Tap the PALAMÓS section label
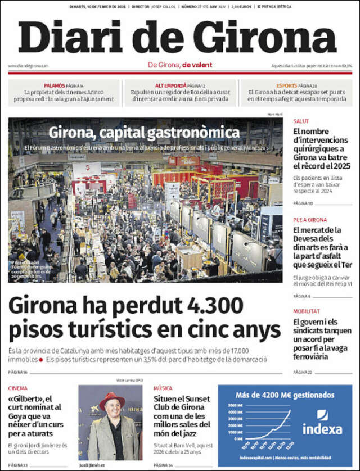click(55, 85)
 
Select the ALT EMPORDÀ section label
click(170, 85)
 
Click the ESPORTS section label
click(287, 85)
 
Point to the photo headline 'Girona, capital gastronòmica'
click(144, 133)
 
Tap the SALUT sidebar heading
click(301, 121)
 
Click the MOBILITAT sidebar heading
click(306, 311)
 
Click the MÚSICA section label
click(163, 388)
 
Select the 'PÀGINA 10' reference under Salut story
click(303, 203)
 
